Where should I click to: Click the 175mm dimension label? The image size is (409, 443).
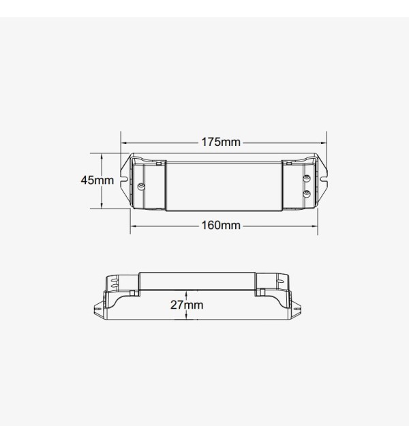click(x=221, y=142)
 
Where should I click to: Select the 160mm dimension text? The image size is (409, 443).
click(x=221, y=225)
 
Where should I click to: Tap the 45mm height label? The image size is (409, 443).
click(x=97, y=180)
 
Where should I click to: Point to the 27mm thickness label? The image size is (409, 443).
click(x=187, y=305)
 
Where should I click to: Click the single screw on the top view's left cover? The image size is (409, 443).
click(x=140, y=186)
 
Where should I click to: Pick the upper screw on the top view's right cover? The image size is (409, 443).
click(x=306, y=179)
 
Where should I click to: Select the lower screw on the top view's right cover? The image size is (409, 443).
click(x=306, y=194)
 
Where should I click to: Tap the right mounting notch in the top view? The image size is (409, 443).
click(x=324, y=178)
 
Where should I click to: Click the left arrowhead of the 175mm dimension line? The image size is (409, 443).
click(x=123, y=143)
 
